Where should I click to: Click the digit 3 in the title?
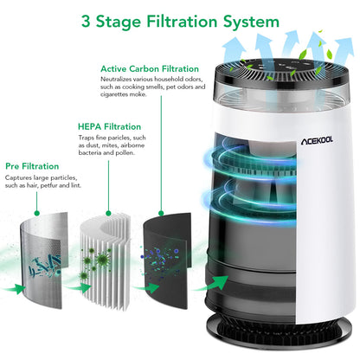coord(86,22)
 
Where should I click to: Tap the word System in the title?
coord(251,22)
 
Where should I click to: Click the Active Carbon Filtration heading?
coord(150,69)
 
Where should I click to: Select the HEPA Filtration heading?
coord(109,126)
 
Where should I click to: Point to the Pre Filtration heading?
coord(32,166)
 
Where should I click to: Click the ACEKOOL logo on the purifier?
coord(317,141)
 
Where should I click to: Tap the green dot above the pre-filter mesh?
coord(36,213)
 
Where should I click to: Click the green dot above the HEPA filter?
coord(108,213)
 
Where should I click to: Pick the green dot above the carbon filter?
coord(161,213)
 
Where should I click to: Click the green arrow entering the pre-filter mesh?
coord(15,289)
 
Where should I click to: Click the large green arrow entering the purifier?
coord(214,283)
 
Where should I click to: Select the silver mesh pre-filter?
coord(43,260)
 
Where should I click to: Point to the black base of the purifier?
coord(280,331)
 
